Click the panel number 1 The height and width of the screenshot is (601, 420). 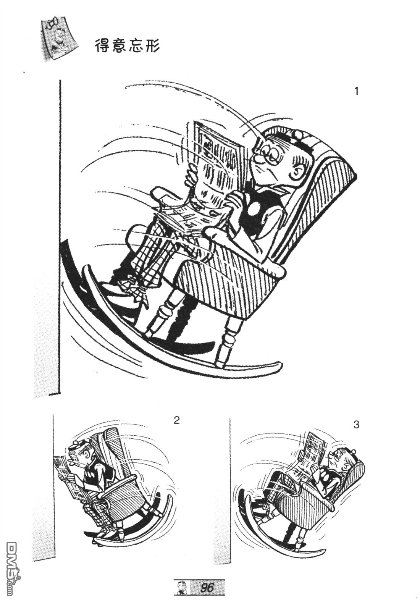[356, 92]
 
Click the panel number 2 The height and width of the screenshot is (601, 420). [176, 428]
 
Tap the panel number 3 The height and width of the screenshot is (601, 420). [356, 432]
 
